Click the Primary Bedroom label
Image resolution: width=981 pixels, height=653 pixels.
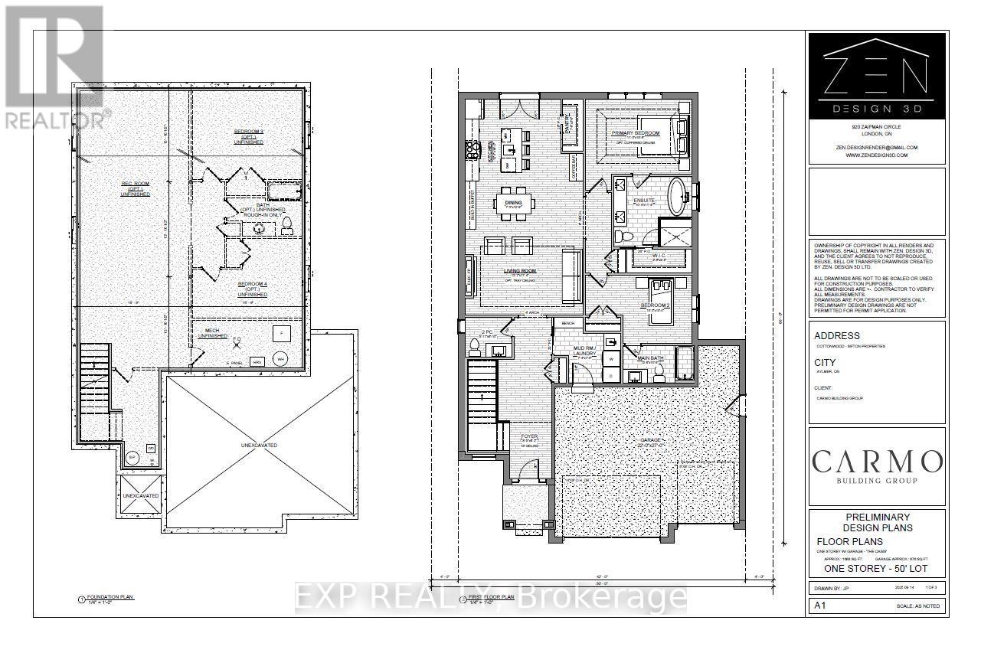[635, 133]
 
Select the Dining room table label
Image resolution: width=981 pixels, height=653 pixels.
[513, 203]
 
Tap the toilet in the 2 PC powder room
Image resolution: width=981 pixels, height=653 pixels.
[473, 348]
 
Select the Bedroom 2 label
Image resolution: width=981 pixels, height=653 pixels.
[655, 305]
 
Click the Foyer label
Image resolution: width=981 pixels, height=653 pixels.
[529, 437]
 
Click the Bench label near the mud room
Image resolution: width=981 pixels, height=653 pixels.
[567, 323]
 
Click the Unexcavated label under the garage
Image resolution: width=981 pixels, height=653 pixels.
[261, 445]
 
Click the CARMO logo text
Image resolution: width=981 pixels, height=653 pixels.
[876, 462]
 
